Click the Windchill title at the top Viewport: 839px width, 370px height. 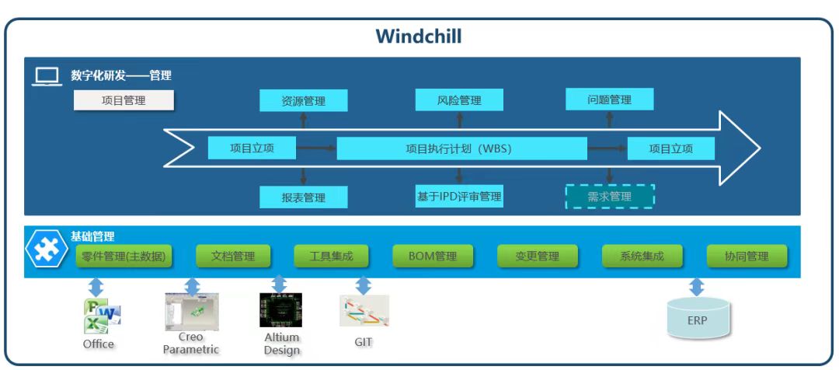pos(419,37)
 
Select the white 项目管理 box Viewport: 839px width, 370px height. pos(124,100)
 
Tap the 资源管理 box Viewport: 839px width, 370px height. pos(303,100)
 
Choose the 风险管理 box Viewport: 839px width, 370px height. pos(459,100)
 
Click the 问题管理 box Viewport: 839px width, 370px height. pos(609,99)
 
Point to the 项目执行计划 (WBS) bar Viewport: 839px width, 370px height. pos(461,148)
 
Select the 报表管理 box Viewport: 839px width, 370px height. pos(303,197)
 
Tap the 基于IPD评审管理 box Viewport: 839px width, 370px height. pos(459,197)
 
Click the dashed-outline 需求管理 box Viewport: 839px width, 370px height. pos(609,197)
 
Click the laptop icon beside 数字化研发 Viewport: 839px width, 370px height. pos(47,77)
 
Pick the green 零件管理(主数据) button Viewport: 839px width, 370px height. pos(124,256)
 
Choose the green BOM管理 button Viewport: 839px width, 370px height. pos(432,256)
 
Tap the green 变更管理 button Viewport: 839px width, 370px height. pos(537,256)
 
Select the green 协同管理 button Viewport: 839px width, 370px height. pos(747,256)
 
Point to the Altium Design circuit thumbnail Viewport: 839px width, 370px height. pos(280,310)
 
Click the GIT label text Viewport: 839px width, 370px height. pos(361,340)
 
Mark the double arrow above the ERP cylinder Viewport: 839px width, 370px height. pos(697,287)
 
